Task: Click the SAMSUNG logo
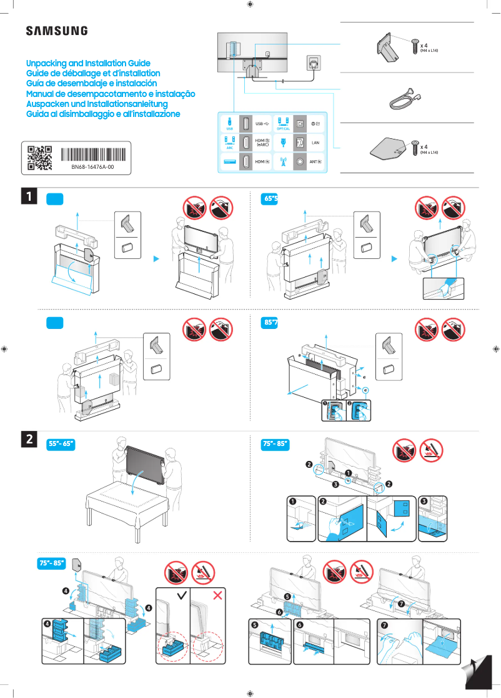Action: coord(56,31)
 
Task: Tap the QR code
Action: coord(40,158)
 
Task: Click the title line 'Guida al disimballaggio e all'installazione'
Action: coord(103,114)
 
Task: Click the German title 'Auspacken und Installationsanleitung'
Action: coord(97,104)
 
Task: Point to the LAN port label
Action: coord(315,142)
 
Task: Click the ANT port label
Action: coord(315,161)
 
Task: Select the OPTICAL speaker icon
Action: coord(283,121)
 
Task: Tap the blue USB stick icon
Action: coord(229,121)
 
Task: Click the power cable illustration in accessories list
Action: coord(399,97)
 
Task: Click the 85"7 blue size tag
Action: coord(271,323)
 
